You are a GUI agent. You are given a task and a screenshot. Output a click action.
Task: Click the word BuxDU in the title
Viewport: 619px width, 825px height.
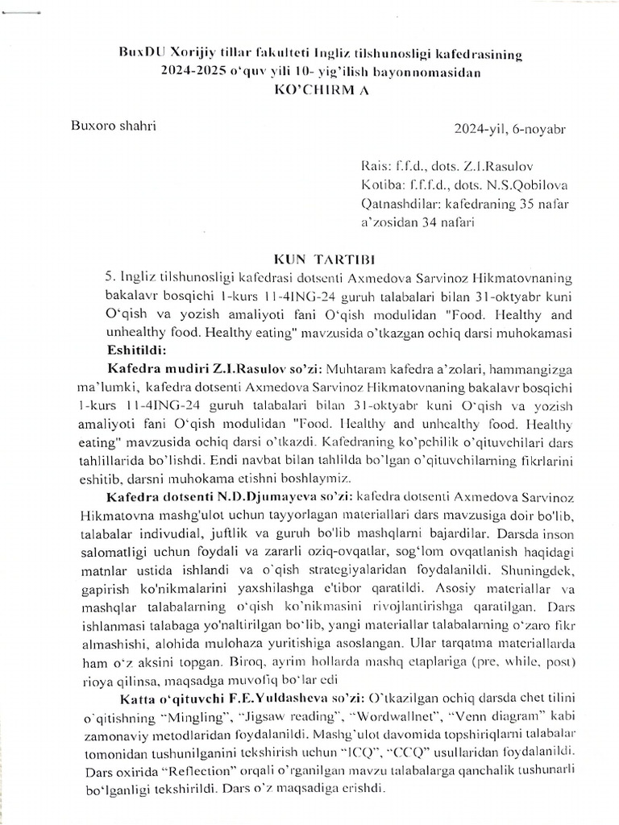click(137, 54)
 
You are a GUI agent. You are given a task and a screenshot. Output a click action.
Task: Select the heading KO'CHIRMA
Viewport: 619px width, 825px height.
click(321, 90)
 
